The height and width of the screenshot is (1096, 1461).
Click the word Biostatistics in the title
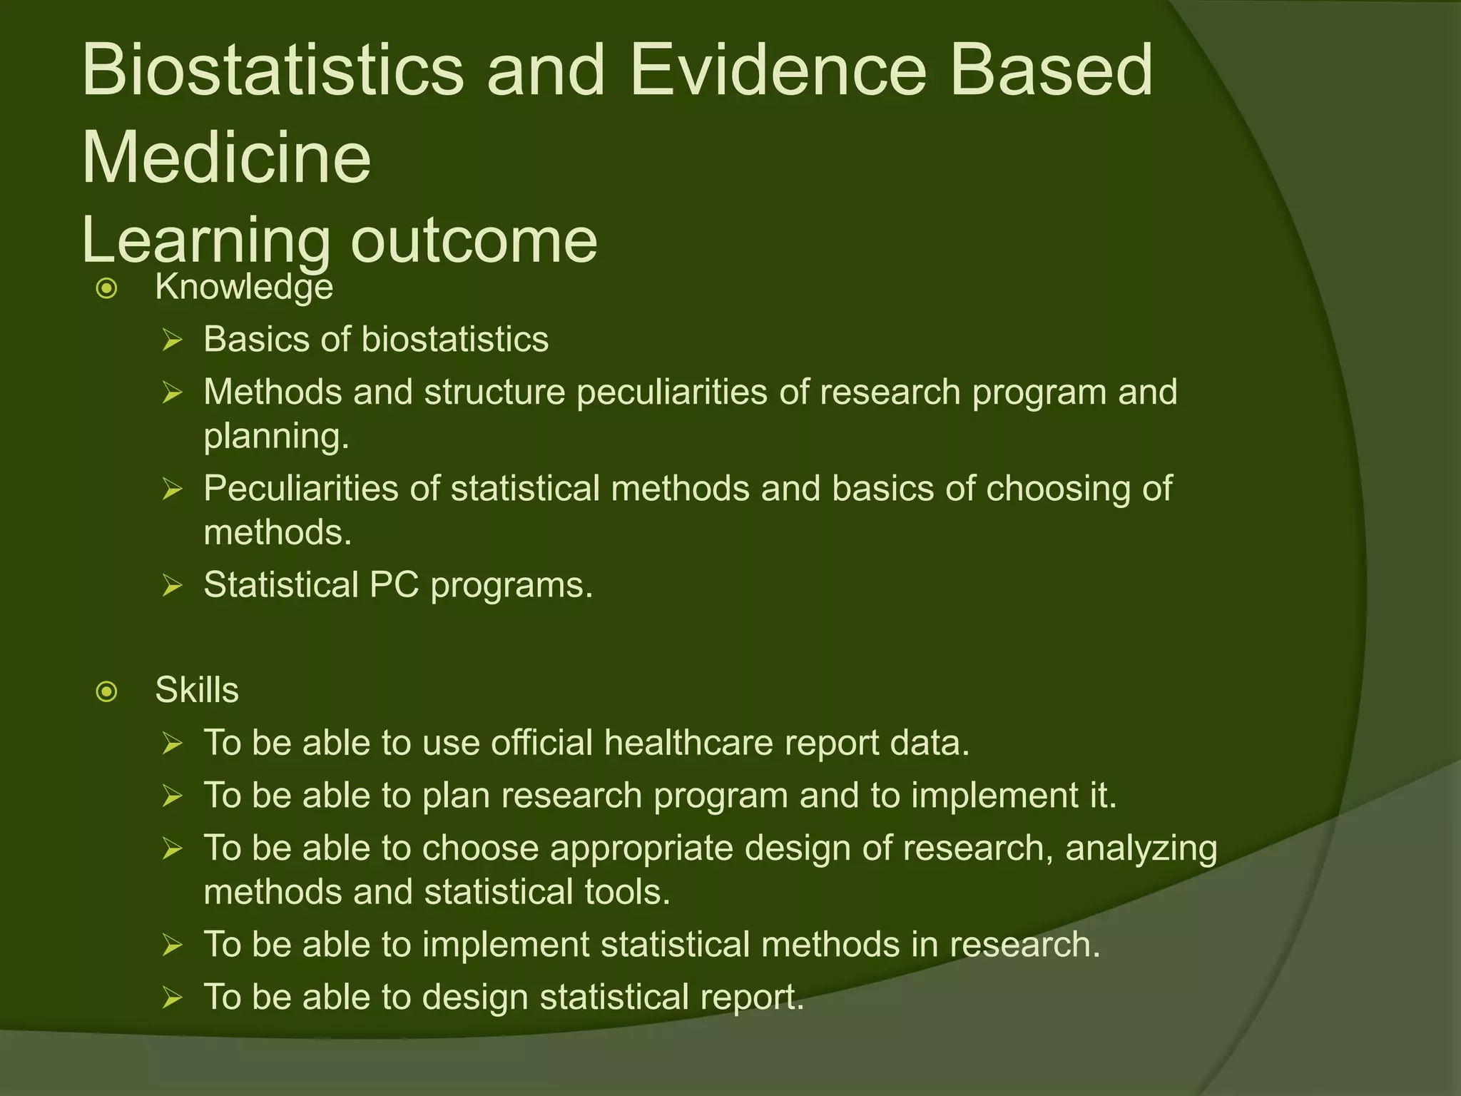click(273, 70)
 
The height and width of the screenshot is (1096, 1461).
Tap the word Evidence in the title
click(778, 70)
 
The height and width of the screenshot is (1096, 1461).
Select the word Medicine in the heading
click(226, 158)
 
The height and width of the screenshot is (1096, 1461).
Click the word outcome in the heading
click(474, 240)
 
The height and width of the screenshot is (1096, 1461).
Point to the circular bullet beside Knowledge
click(106, 289)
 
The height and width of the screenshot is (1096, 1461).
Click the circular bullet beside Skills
click(106, 691)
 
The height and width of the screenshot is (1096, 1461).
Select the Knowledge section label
click(244, 288)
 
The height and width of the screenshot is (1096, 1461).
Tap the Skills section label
click(197, 690)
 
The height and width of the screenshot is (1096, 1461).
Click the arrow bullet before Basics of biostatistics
click(172, 340)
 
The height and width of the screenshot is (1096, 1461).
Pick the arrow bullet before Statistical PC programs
click(172, 586)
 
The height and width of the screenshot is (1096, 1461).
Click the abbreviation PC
click(394, 585)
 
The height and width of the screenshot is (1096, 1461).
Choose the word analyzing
click(1141, 849)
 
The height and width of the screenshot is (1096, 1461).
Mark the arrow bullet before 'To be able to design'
click(172, 998)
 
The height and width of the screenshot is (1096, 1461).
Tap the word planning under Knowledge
click(276, 436)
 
